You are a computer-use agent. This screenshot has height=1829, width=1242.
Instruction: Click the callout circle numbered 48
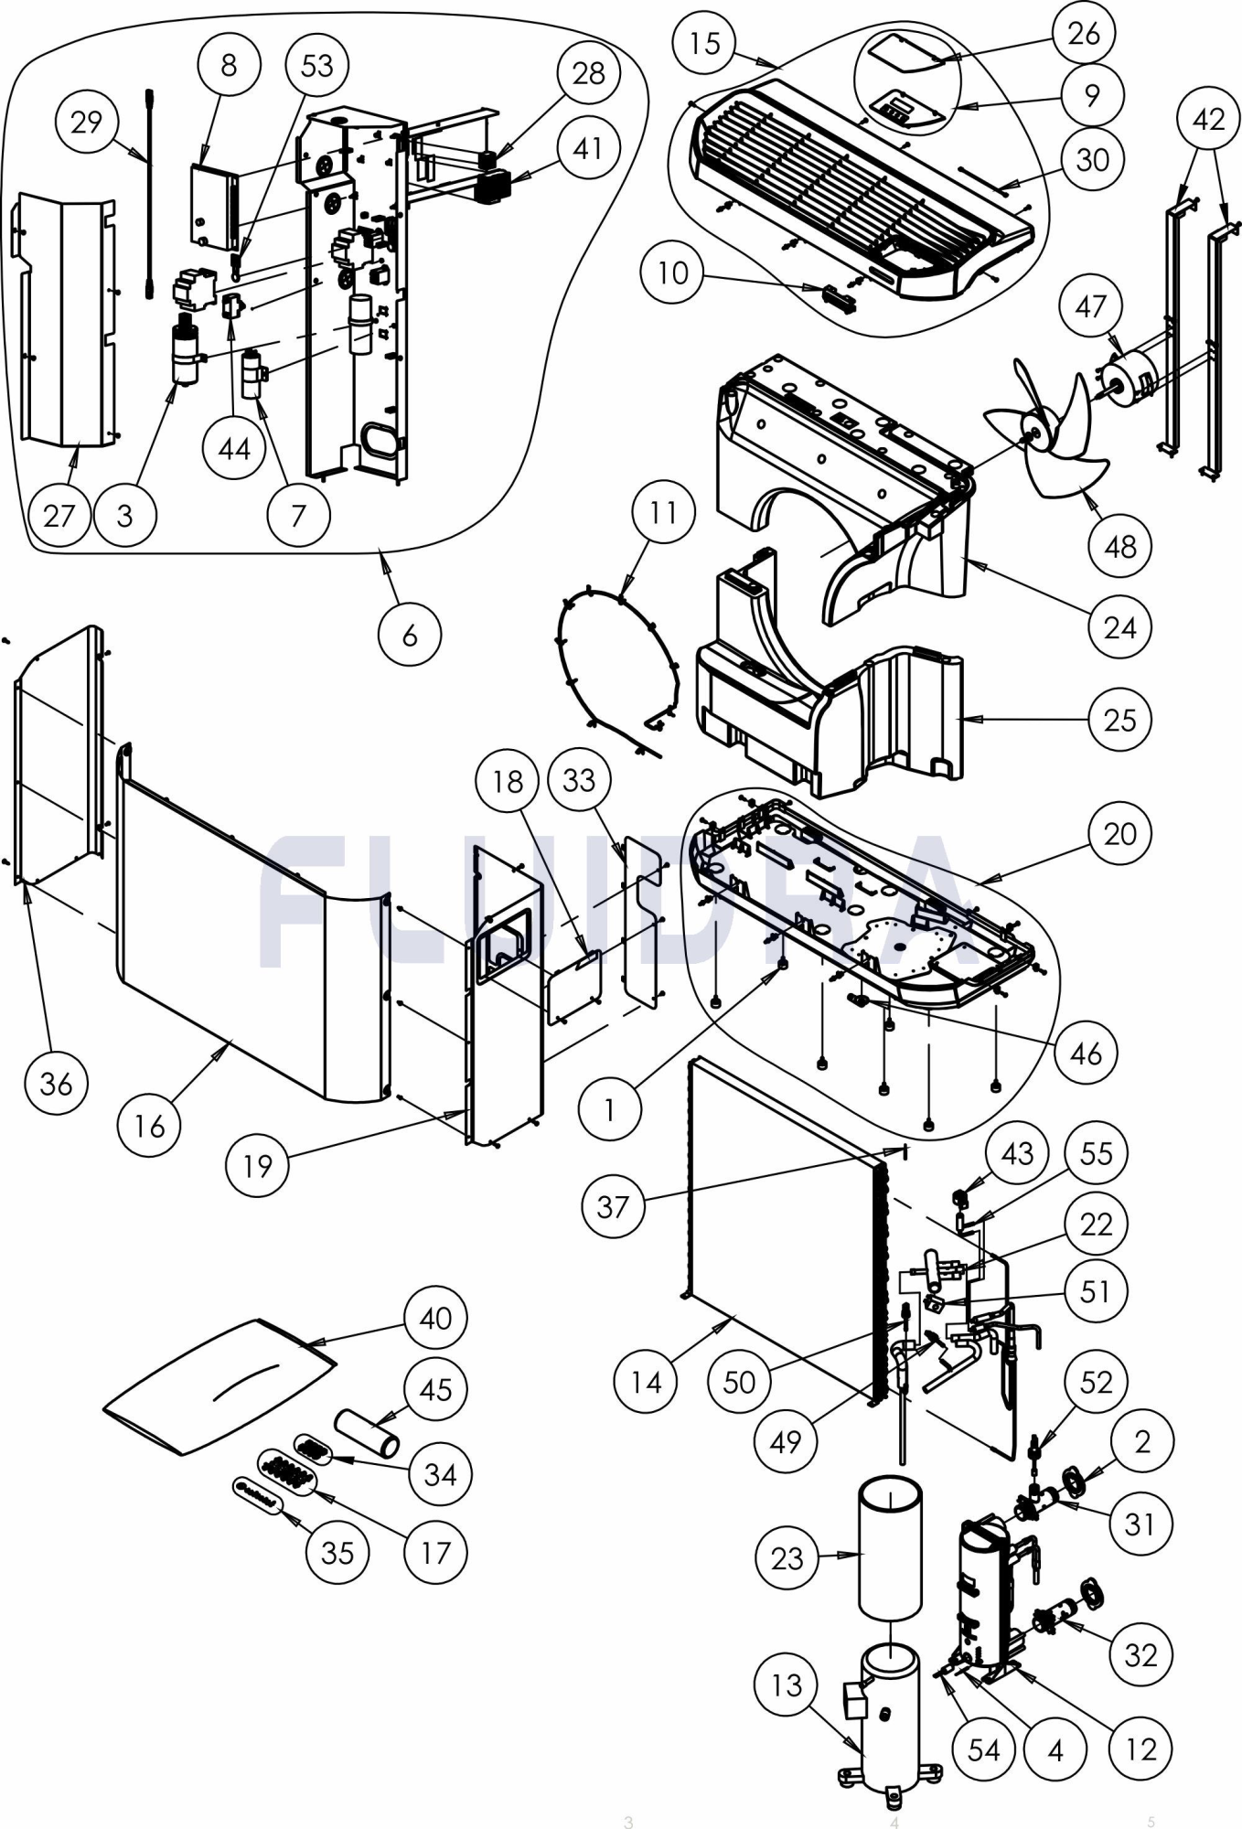point(1119,547)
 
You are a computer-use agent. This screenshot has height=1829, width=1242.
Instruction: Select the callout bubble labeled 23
point(787,1557)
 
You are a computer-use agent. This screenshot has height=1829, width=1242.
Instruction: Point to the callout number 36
point(56,1084)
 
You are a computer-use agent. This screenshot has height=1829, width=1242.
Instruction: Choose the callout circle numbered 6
point(410,635)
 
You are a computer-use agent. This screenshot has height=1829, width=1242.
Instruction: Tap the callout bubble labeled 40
point(435,1318)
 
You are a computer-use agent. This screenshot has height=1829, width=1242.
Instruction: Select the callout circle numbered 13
point(787,1685)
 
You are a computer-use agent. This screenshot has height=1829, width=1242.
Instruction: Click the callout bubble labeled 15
point(704,43)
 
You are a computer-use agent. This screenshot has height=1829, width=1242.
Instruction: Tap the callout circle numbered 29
point(86,123)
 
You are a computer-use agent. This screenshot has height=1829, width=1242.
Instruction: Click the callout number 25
point(1119,720)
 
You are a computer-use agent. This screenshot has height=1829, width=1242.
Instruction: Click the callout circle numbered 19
point(257,1165)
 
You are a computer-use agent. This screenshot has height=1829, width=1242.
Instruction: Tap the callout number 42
point(1209,119)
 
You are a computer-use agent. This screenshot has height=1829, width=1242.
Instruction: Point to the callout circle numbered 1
point(609,1110)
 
